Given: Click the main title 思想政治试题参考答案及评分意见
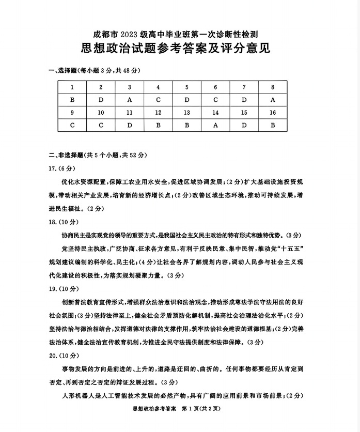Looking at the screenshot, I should point(176,49).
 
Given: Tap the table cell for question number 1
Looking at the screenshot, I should point(72,87).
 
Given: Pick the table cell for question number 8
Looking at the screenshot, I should point(273,87).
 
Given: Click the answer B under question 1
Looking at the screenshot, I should point(72,100).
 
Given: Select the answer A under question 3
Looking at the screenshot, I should point(130,100).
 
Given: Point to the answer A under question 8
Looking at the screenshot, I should point(273,100).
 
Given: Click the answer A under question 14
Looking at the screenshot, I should point(215,125).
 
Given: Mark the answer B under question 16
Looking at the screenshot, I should point(273,125).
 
